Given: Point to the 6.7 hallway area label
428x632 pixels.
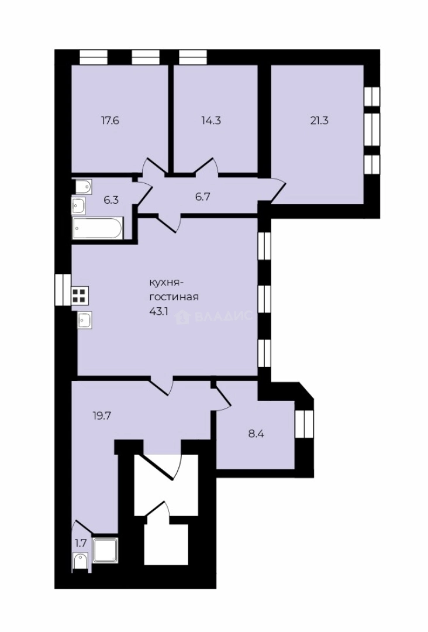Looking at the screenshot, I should (202, 197).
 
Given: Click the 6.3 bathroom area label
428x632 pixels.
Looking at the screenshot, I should (111, 200).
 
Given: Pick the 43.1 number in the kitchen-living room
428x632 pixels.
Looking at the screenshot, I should (159, 311).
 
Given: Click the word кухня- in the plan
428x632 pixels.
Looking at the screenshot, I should (166, 283).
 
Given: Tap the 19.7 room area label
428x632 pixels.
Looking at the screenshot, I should (102, 417).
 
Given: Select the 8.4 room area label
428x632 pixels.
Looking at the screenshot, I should (255, 434).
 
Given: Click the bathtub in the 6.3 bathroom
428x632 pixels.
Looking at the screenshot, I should (98, 228).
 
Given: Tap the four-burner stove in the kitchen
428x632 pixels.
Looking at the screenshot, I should (80, 296).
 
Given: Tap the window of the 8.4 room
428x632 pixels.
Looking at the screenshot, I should (304, 424).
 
